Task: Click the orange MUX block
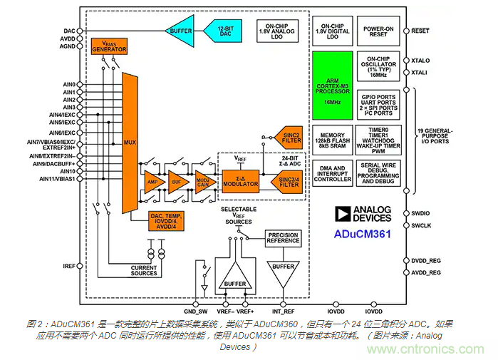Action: click(130, 143)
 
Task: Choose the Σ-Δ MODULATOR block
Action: click(240, 180)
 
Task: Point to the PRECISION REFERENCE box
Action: click(283, 237)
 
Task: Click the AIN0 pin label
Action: click(69, 85)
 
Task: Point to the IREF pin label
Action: click(69, 267)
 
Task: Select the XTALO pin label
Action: click(421, 63)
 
